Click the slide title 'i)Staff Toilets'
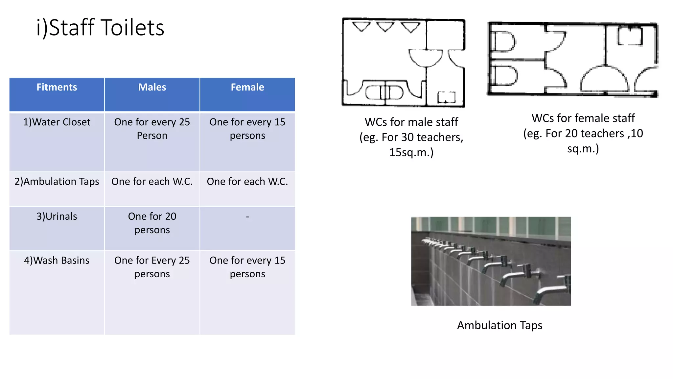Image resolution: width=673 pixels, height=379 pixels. click(100, 28)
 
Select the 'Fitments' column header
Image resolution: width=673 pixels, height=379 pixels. click(57, 87)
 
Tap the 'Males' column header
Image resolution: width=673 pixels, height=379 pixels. click(152, 87)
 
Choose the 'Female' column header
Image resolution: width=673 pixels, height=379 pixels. click(247, 87)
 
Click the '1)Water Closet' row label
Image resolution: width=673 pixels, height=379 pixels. click(57, 122)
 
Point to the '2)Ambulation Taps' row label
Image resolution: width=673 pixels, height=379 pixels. click(57, 181)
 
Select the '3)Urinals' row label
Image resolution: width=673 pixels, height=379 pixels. click(57, 216)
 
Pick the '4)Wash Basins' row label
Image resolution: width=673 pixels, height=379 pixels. click(57, 260)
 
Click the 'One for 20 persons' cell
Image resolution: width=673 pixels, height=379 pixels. click(152, 223)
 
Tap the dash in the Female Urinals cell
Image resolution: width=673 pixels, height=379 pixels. click(247, 217)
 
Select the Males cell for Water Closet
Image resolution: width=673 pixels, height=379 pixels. click(152, 129)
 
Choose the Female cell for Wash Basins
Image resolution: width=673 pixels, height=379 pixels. click(247, 267)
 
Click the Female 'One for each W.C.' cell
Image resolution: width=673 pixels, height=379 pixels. click(247, 181)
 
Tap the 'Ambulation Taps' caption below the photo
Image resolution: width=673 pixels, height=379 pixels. click(499, 325)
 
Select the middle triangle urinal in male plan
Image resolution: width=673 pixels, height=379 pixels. click(385, 27)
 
